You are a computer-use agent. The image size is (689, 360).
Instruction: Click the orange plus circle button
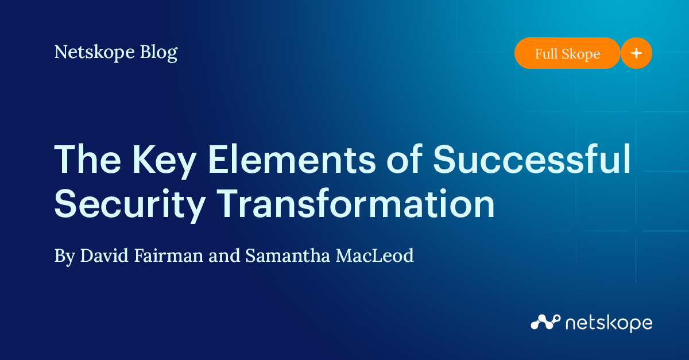point(636,53)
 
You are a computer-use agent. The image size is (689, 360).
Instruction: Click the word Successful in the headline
point(532,160)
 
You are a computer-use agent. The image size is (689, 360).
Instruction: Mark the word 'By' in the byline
point(64,256)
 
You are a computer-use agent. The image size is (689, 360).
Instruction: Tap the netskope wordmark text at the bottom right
point(609,323)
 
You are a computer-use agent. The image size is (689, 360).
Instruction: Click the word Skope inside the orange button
point(582,54)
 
